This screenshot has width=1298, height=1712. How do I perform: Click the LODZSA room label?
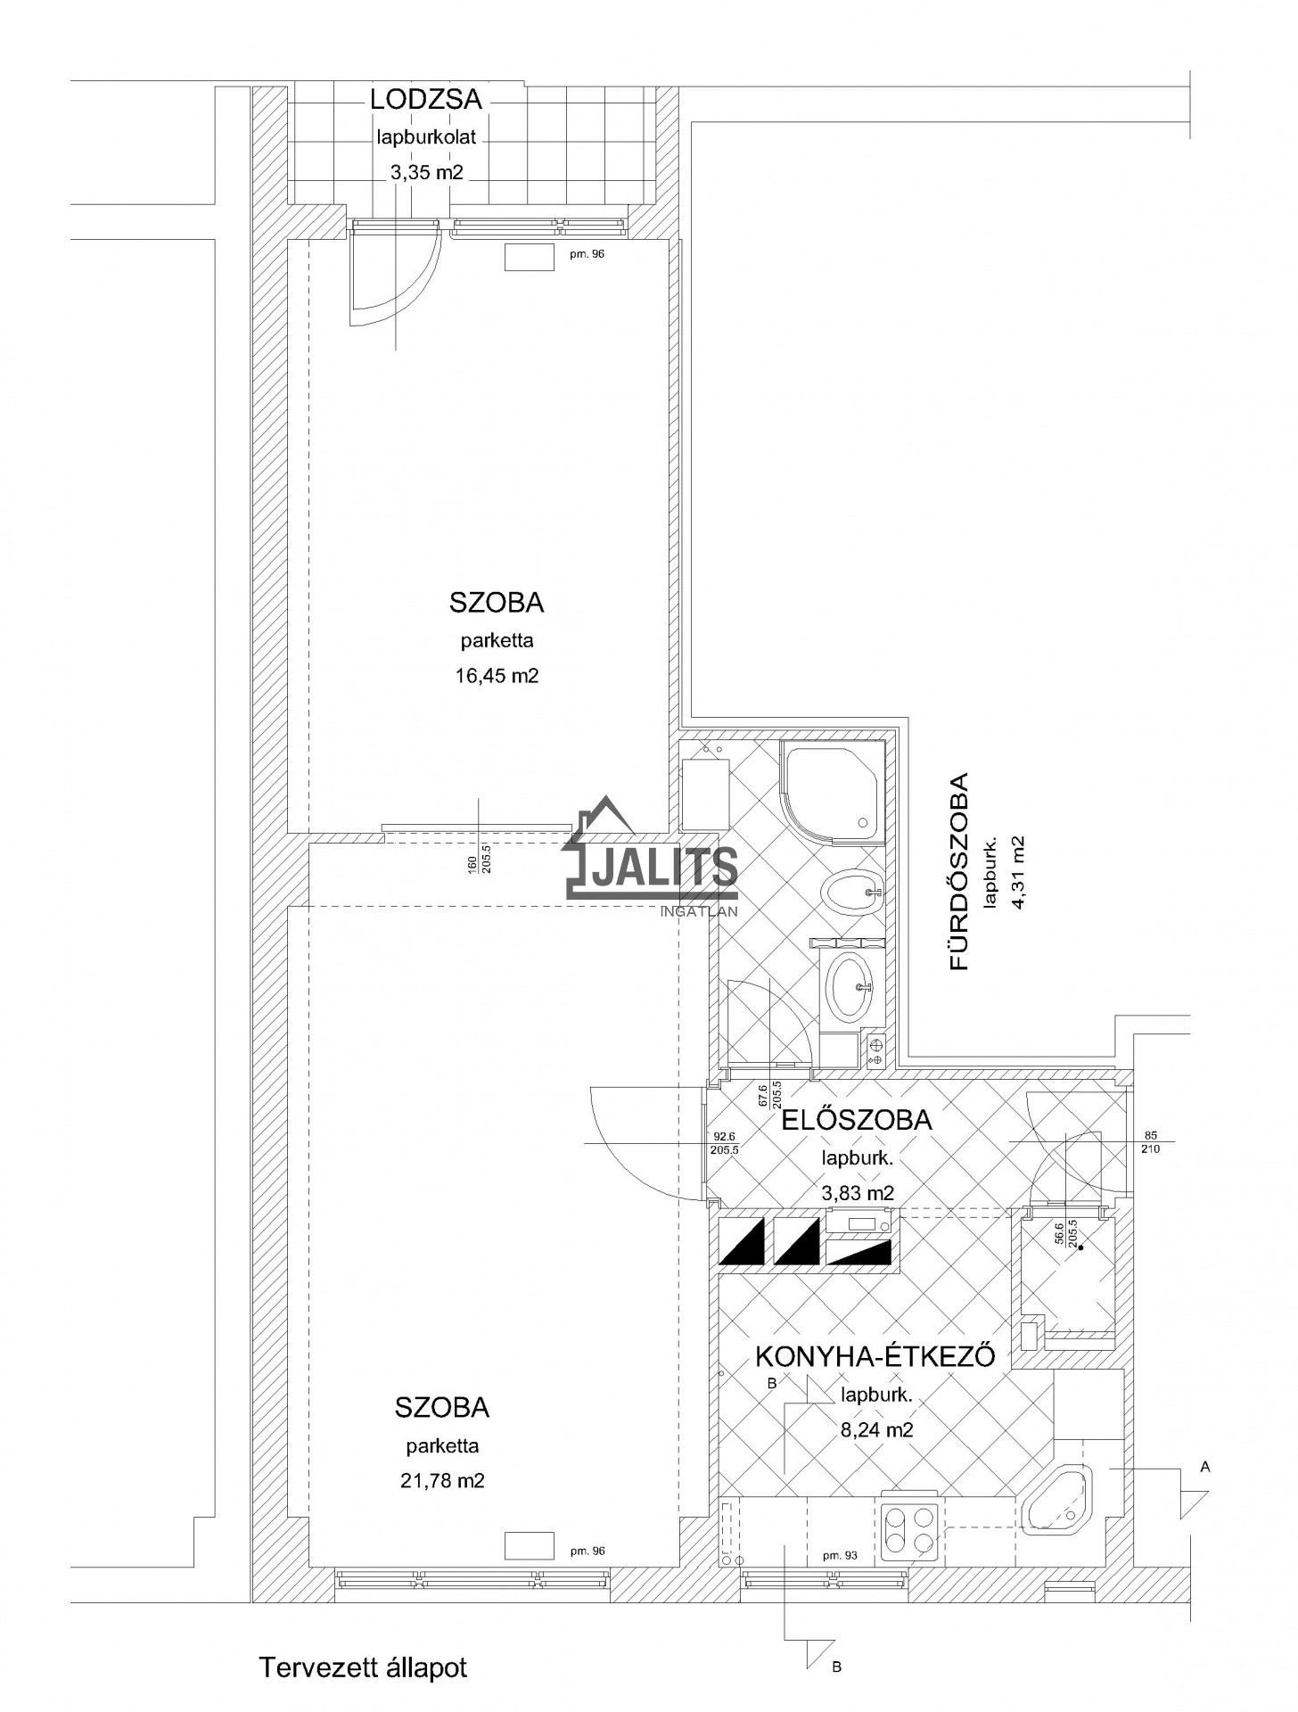426,99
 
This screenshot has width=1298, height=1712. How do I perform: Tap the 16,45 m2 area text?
497,676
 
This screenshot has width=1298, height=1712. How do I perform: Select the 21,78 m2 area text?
442,1481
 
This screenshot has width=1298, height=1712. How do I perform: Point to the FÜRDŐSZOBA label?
958,871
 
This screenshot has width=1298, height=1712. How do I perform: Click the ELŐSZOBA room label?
857,1119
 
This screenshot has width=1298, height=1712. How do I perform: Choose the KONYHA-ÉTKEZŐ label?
875,1356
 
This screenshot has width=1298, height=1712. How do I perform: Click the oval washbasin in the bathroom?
852,986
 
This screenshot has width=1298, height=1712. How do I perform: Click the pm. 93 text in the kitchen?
841,1556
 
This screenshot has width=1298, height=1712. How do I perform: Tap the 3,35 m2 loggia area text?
426,172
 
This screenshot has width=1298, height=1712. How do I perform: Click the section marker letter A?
1205,1467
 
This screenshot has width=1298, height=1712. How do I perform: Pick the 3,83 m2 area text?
857,1193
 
